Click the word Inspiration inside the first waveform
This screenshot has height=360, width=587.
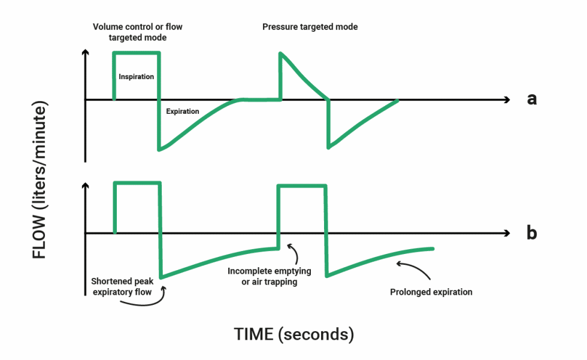pos(136,77)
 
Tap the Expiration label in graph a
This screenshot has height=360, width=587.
pos(183,111)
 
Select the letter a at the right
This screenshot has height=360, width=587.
pos(531,99)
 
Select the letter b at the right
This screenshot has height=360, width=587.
pos(531,232)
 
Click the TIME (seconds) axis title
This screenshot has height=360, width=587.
pos(293,334)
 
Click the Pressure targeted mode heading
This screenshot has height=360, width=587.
pos(310,27)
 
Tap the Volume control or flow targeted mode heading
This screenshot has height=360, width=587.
pos(138,32)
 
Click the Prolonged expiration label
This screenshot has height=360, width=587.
pos(431,292)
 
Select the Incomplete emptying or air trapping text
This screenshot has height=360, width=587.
pos(262,276)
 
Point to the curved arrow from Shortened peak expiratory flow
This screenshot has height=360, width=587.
pos(146,300)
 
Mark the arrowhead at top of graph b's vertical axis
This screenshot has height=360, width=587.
pos(86,186)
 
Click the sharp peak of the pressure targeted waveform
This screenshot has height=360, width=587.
pos(280,53)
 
